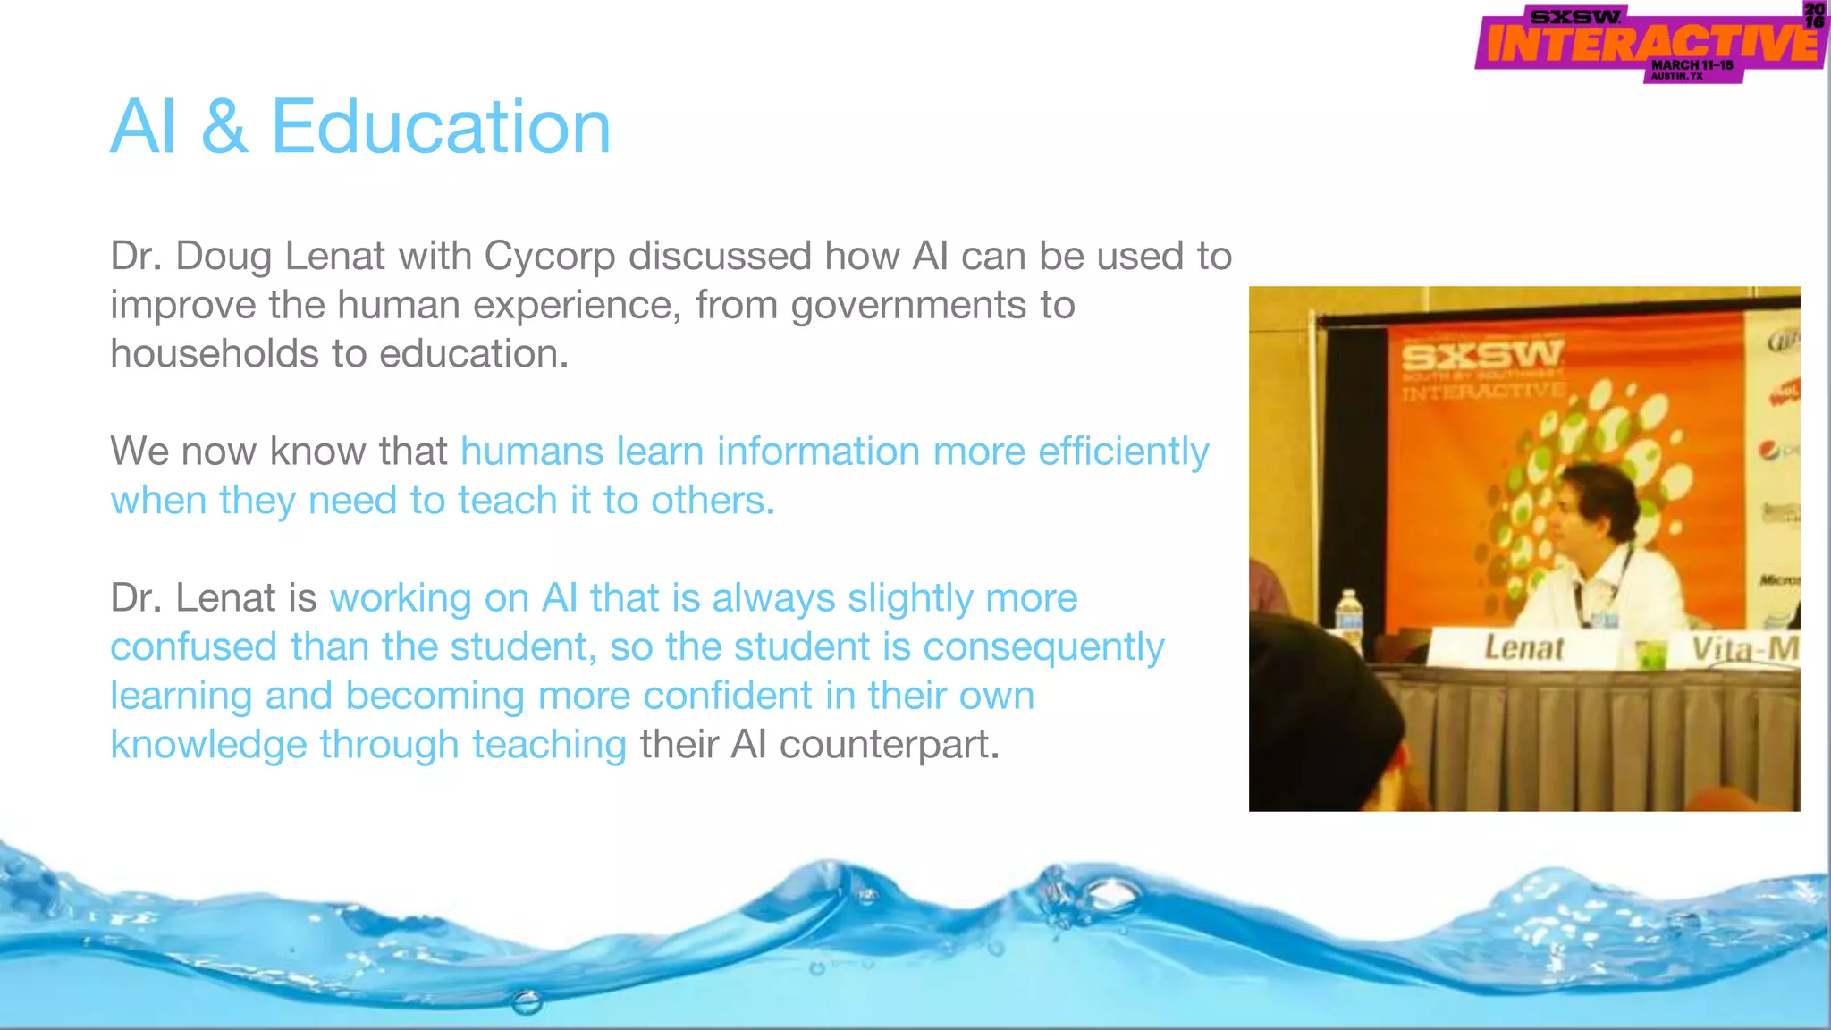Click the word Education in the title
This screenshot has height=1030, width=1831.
(x=441, y=127)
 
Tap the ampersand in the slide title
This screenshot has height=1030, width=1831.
(x=224, y=127)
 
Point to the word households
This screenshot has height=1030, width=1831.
(x=214, y=354)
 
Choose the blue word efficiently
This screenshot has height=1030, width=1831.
(x=1123, y=452)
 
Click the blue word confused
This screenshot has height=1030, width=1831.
(x=193, y=647)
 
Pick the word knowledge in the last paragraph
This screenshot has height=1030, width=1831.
(x=208, y=745)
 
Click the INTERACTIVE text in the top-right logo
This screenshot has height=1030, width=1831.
(x=1650, y=43)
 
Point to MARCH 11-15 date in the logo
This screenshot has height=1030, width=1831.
(x=1692, y=65)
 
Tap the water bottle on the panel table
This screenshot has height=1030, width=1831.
(x=1348, y=619)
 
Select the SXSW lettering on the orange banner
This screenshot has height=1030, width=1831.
(x=1482, y=357)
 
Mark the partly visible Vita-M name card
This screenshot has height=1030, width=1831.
(x=1743, y=649)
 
